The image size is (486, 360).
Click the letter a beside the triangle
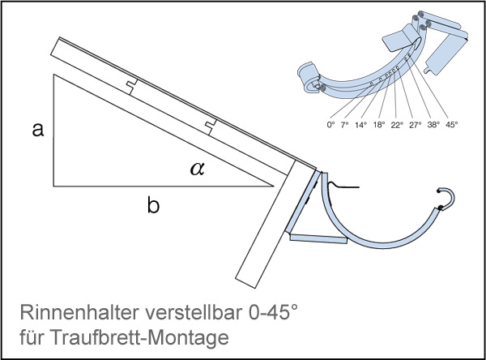point(38,130)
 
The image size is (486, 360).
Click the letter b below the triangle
point(153,205)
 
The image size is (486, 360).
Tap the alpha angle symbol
point(198,169)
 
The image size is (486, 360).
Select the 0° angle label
point(330,125)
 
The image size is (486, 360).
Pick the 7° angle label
point(345,125)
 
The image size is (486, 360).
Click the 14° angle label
point(360,125)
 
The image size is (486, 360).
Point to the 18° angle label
point(379,125)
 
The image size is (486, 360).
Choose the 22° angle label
point(397,125)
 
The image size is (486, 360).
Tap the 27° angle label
point(416,125)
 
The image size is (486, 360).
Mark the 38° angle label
point(433,125)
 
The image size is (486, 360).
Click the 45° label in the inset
point(452,125)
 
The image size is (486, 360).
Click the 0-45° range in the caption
point(273,312)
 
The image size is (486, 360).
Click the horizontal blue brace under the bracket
point(318,238)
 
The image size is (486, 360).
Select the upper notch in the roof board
point(132,86)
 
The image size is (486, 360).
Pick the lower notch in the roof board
point(211,127)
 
